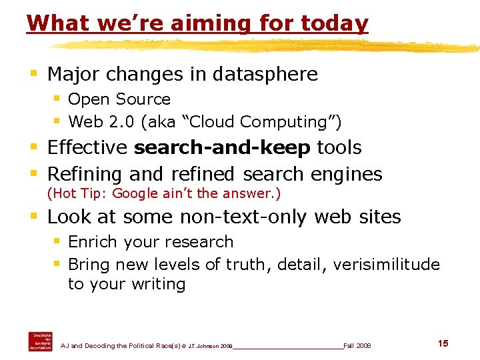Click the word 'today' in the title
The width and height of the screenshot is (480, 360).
(335, 23)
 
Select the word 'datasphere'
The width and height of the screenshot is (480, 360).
(265, 74)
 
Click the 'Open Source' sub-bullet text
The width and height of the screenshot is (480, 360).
(119, 99)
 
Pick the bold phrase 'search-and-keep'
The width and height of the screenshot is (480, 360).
(222, 147)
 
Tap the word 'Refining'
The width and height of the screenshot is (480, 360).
(85, 174)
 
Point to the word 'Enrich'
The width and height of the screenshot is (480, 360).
(93, 241)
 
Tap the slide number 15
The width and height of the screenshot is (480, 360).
(443, 343)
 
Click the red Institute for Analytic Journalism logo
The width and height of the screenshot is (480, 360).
(40, 341)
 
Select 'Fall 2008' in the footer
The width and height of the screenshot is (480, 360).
(357, 345)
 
